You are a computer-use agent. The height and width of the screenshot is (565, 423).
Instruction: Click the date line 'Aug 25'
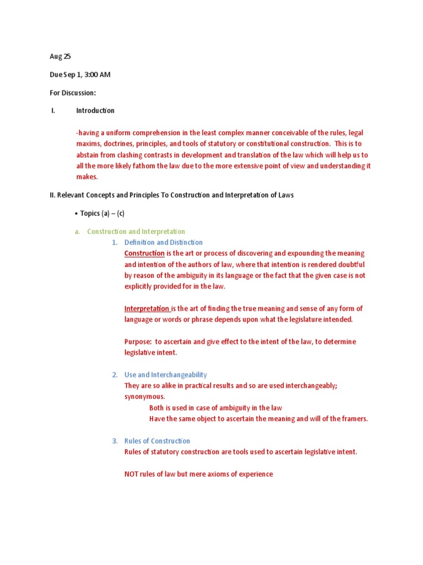pos(60,56)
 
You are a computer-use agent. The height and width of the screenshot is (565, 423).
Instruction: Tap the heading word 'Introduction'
pos(95,111)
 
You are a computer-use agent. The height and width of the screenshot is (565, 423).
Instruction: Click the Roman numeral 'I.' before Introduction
pos(53,111)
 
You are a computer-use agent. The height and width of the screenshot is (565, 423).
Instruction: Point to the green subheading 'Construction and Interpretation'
pos(136,232)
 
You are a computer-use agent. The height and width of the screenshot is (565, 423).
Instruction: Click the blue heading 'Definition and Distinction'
pos(163,242)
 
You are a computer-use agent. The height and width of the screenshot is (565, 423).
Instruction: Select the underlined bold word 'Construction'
pos(144,253)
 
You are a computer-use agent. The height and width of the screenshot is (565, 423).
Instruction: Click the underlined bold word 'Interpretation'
pos(147,308)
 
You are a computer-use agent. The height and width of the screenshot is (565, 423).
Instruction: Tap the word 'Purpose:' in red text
pos(138,342)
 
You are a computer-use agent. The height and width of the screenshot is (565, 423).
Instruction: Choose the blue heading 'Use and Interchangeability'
pos(165,375)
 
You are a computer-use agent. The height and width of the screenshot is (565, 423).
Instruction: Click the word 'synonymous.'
pos(144,397)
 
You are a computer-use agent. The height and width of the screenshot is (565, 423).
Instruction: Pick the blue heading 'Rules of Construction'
pos(157,441)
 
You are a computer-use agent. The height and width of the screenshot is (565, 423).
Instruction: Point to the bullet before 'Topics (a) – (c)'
pos(75,214)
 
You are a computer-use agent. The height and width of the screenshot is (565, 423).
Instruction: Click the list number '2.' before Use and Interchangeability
pos(115,375)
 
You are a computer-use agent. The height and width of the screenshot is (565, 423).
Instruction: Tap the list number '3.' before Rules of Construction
pos(115,441)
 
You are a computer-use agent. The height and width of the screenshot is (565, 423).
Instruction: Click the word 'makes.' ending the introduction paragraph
pos(87,177)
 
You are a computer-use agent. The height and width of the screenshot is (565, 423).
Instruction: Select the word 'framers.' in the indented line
pos(354,419)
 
